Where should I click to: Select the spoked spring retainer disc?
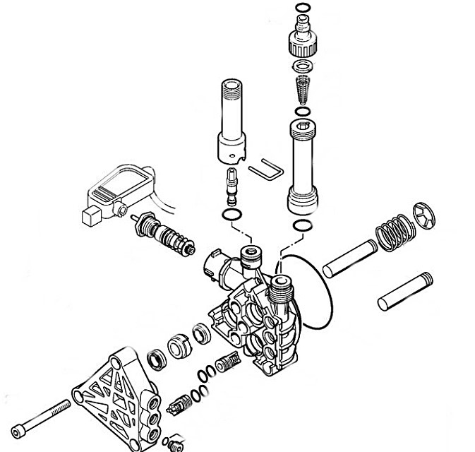423,215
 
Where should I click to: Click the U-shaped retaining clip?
266,170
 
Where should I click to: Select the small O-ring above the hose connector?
301,8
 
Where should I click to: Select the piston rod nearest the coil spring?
350,258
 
